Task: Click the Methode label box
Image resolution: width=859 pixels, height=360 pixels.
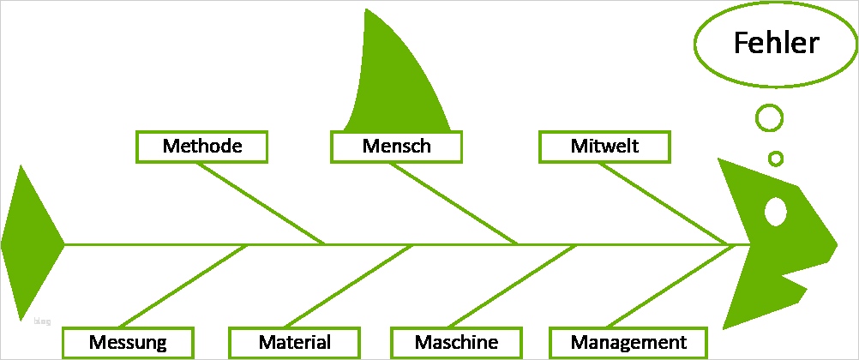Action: click(x=202, y=146)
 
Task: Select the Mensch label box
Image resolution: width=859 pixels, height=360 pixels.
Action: click(x=396, y=146)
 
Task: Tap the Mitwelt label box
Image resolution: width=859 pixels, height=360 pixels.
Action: click(x=604, y=146)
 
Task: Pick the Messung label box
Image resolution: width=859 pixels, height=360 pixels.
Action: click(x=128, y=343)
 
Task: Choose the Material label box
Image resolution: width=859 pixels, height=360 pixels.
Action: click(x=294, y=343)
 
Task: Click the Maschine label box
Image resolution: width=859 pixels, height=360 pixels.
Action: click(x=456, y=343)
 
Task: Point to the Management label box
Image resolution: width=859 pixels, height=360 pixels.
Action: click(x=628, y=343)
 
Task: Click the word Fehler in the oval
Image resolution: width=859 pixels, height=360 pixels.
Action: click(x=777, y=43)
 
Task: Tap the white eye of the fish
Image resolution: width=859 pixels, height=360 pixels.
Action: click(x=775, y=212)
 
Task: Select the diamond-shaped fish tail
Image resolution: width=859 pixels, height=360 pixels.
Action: click(x=31, y=244)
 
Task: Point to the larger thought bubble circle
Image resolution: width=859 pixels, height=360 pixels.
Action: click(x=769, y=117)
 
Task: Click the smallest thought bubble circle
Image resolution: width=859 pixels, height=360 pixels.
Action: click(x=776, y=159)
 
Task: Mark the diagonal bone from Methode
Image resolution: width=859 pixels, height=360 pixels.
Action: click(x=261, y=203)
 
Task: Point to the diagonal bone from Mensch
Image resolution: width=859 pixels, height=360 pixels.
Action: click(x=454, y=203)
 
